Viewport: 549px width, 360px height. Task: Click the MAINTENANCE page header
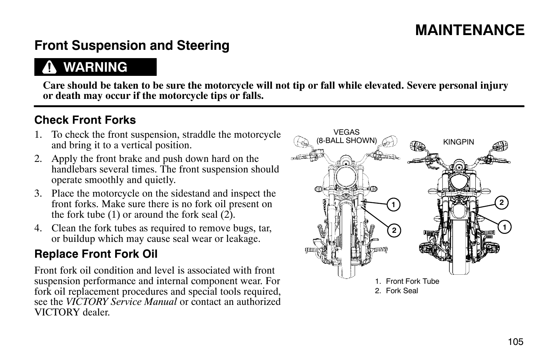tap(470, 30)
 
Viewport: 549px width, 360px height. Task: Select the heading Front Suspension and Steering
tap(132, 46)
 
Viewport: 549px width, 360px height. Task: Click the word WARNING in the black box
tap(96, 67)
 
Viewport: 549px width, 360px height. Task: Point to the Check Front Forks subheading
tap(85, 120)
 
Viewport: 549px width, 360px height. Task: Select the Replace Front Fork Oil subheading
tap(96, 254)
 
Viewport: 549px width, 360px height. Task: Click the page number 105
tap(515, 342)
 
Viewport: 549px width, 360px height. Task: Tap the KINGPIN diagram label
tap(458, 142)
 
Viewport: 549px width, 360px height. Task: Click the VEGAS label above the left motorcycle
tap(347, 132)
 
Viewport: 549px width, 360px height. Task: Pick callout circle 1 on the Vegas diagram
tap(393, 205)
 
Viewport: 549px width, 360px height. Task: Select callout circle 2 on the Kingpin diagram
tap(501, 203)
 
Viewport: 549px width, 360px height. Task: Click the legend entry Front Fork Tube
tap(412, 281)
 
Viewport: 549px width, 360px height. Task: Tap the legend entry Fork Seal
tap(402, 291)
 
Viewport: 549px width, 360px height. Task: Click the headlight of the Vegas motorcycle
tap(344, 176)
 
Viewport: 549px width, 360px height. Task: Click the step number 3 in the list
tap(37, 194)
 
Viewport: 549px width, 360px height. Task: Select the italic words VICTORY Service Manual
tap(121, 302)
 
